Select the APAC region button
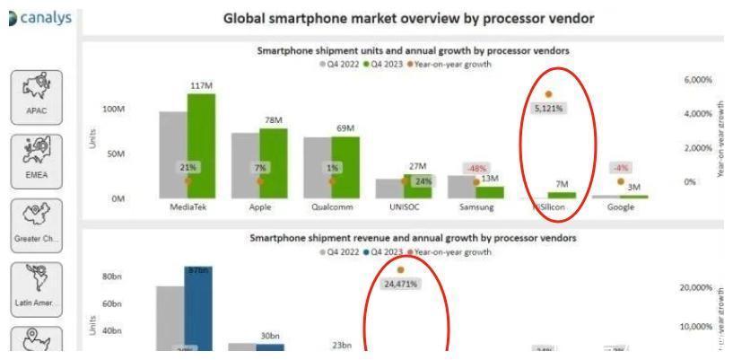tap(37, 94)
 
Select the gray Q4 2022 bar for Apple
tap(245, 165)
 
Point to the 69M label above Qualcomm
tap(345, 128)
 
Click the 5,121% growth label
tap(548, 109)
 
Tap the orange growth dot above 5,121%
tap(548, 94)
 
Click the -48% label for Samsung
tap(475, 169)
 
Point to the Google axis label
tap(620, 206)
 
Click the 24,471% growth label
tap(400, 284)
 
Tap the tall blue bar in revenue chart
tap(198, 310)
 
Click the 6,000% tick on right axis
tap(697, 80)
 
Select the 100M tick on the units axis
tap(115, 110)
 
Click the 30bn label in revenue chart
tap(271, 336)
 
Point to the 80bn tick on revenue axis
tap(113, 277)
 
